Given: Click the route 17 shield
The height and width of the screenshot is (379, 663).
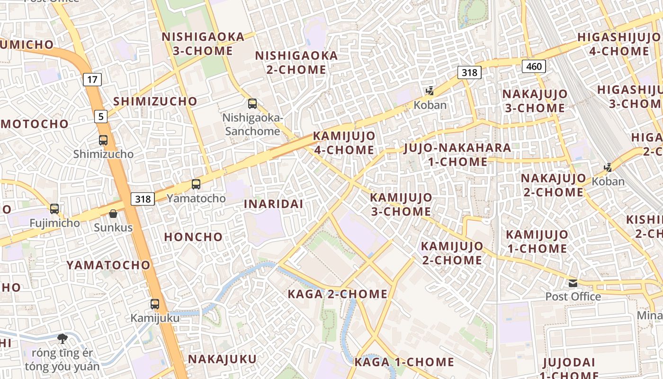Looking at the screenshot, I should coord(92,80).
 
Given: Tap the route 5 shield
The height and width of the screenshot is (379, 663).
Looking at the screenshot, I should coord(100,116).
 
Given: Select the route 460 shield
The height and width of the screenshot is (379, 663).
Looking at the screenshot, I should coord(534,66).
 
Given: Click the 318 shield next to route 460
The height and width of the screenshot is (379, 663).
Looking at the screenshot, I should coord(469,72).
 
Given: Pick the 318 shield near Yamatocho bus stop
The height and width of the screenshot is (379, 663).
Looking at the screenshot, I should coord(143,199).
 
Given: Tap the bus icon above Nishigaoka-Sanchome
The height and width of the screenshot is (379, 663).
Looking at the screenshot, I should coord(252,104).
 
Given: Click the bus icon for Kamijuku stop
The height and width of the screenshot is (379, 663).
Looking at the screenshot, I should coord(155,304).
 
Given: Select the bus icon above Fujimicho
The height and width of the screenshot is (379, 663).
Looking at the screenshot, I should coord(54,209).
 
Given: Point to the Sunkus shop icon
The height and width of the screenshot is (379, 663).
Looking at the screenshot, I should coord(113,214).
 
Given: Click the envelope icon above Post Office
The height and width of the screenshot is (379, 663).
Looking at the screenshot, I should coord(573,283).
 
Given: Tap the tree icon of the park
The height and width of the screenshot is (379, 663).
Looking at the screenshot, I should coord(62,338).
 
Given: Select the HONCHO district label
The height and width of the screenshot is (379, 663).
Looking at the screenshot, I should coord(193,237).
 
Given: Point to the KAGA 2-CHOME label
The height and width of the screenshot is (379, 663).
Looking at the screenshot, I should coord(338,294).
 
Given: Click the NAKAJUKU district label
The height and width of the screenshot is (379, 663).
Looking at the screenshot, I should coord(222,359).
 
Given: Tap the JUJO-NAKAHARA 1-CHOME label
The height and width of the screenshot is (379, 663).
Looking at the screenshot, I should coord(457,155).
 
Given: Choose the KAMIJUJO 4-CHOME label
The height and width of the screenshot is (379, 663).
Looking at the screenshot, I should coord(344,143).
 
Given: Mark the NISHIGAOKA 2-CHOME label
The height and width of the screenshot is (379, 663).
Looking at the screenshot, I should coord(296,63).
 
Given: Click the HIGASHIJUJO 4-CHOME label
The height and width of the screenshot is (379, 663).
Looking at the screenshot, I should coord(619,44).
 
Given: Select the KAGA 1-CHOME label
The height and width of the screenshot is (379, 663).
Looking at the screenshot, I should coord(404,362).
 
